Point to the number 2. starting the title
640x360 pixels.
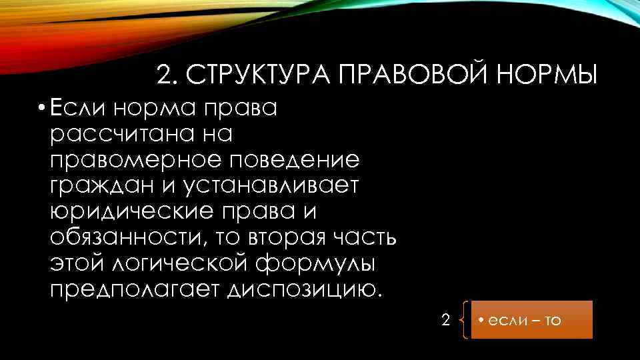coord(168,75)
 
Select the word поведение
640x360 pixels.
coord(303,159)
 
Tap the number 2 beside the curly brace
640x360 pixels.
coord(446,319)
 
